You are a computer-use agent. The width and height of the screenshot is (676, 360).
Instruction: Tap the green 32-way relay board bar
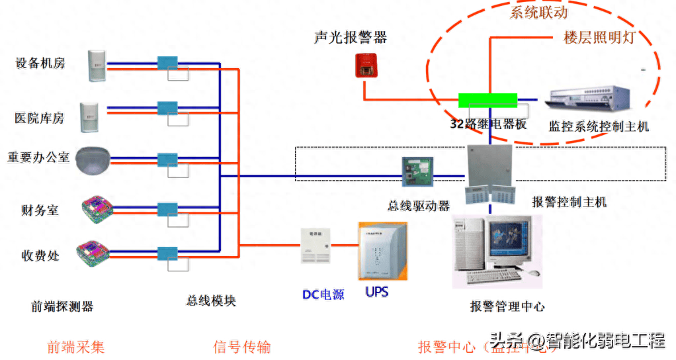coord(487,100)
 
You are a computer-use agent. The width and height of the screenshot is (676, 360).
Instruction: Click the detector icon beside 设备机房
coord(97,65)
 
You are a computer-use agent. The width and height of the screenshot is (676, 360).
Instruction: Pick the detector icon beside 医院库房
coord(89,117)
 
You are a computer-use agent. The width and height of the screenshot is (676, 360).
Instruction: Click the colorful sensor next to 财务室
coord(97,208)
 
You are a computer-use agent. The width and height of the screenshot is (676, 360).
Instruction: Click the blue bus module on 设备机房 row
coord(167,63)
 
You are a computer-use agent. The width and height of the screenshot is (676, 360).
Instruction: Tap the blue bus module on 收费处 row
coord(167,253)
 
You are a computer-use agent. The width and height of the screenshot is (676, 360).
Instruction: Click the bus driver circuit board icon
coord(418,171)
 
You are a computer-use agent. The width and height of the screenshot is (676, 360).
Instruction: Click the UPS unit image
coord(382,251)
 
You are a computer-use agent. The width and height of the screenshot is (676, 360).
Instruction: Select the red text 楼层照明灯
coord(599,37)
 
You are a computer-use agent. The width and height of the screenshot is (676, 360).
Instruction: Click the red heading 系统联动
coord(538,12)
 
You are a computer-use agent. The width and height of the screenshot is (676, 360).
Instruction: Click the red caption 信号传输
coord(242,347)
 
